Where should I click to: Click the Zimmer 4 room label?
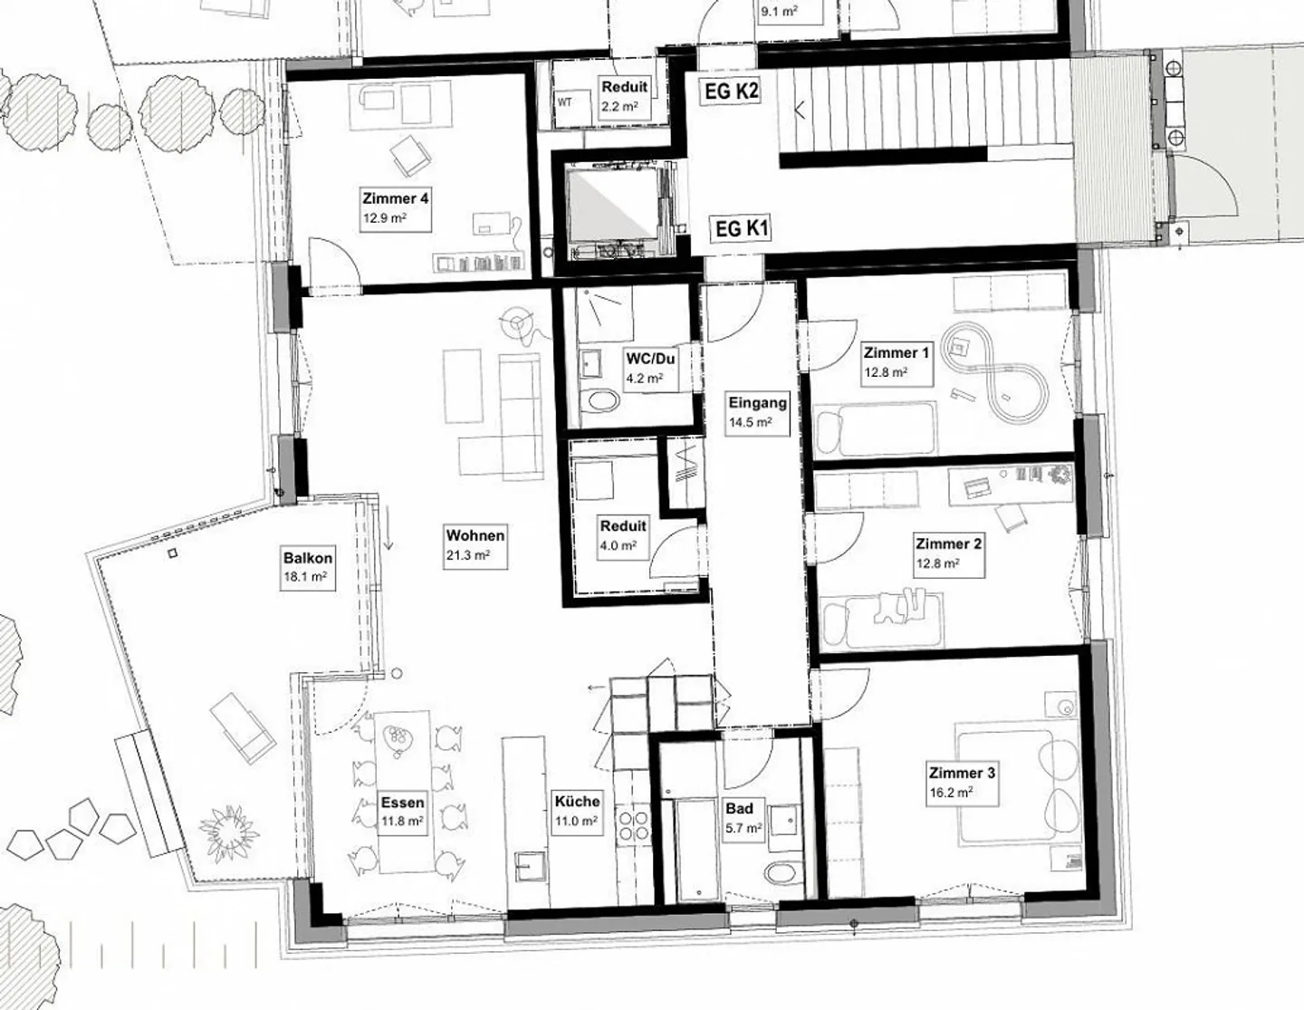pyautogui.click(x=395, y=198)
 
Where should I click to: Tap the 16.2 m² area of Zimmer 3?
pyautogui.click(x=950, y=792)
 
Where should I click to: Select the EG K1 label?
pyautogui.click(x=742, y=228)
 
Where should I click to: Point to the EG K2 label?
pyautogui.click(x=730, y=91)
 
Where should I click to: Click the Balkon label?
pyautogui.click(x=308, y=558)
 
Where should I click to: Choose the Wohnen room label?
pyautogui.click(x=475, y=535)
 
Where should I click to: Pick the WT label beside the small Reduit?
pyautogui.click(x=564, y=102)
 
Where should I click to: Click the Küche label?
pyautogui.click(x=577, y=801)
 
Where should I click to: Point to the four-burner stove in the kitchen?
pyautogui.click(x=632, y=825)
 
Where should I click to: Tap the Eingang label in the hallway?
pyautogui.click(x=757, y=403)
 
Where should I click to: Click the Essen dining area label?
pyautogui.click(x=402, y=803)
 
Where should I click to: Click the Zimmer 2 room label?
pyautogui.click(x=948, y=543)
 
